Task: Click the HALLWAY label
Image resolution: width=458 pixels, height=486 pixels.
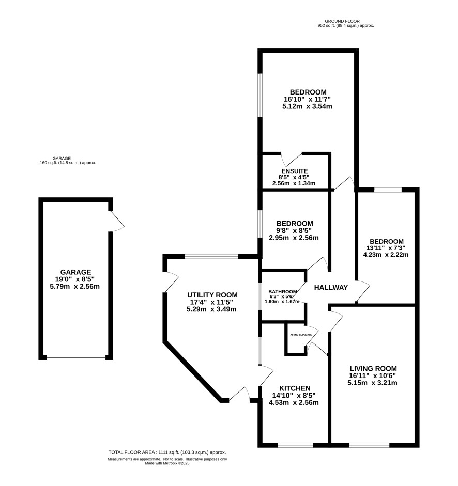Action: (x=331, y=288)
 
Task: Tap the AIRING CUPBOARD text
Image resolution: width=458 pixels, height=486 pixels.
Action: (x=301, y=335)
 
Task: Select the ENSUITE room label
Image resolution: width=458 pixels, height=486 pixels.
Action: (x=295, y=171)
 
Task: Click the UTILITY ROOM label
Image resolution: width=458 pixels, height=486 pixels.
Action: (x=212, y=295)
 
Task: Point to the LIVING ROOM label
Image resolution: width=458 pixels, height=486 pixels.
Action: (x=373, y=369)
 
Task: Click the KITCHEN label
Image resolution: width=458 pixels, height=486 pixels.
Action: (x=295, y=388)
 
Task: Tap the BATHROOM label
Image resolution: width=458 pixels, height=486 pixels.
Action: (x=283, y=292)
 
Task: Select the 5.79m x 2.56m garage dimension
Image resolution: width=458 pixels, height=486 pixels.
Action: (x=75, y=287)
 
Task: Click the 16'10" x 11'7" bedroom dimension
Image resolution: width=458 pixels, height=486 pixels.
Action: (x=307, y=100)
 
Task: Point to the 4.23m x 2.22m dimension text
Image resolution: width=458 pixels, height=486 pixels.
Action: (x=386, y=255)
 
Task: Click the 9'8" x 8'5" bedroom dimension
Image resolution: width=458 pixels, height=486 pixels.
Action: (x=294, y=230)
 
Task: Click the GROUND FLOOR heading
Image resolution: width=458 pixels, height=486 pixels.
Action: (x=342, y=21)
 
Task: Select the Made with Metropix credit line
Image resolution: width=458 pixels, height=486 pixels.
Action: (x=167, y=463)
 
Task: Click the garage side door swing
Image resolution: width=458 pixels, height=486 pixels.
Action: (x=117, y=221)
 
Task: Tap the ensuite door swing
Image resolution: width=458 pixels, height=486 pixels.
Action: (x=292, y=159)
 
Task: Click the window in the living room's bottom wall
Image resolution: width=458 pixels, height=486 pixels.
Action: (x=369, y=445)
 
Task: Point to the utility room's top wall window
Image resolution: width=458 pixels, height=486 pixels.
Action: (x=211, y=256)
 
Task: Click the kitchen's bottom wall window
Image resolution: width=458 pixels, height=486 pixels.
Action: (x=295, y=445)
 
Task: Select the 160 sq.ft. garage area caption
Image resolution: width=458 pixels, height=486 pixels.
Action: (x=68, y=163)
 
